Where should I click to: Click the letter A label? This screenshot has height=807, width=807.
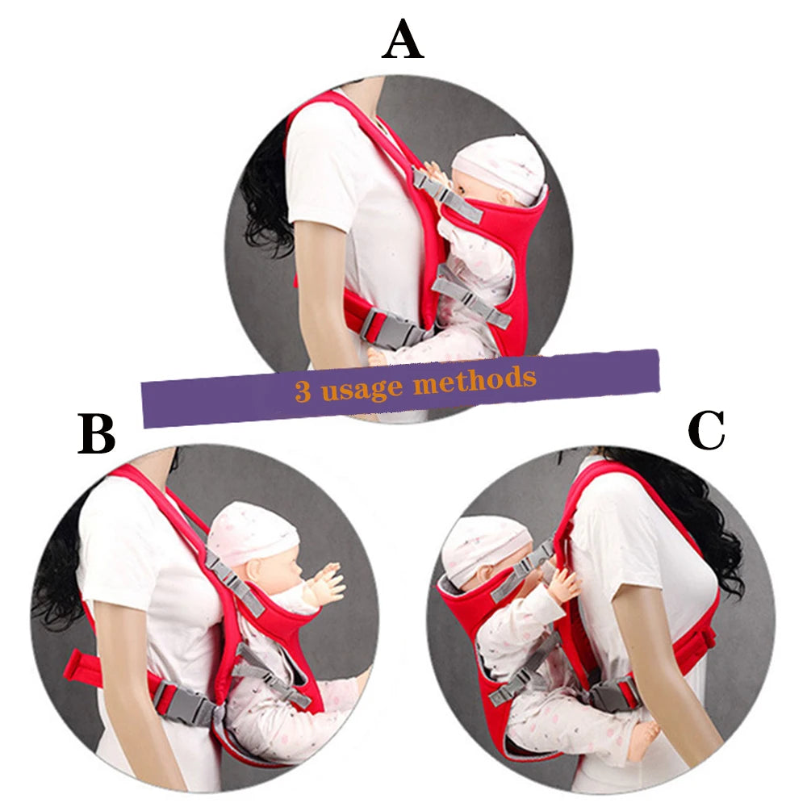(403, 40)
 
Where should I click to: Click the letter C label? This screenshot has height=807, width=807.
(706, 430)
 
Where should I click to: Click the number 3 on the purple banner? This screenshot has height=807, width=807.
(303, 391)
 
